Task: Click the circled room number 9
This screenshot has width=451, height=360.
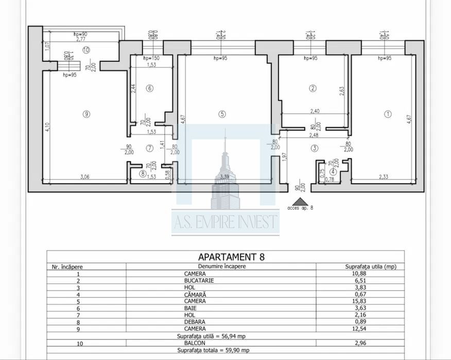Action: coord(86,114)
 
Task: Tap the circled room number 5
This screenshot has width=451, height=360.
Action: coord(222,114)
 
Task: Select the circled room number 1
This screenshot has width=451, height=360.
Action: coord(388,114)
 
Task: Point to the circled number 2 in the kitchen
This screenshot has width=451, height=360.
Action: coord(313,88)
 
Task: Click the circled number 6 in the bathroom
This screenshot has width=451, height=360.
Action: coord(150,88)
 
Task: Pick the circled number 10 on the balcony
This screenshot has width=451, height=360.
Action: coord(85,50)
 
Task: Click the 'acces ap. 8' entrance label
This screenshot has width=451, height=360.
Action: coord(300,208)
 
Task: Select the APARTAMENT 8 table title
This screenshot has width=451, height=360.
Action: coord(225,257)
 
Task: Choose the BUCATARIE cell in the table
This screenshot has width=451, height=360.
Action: coord(195,281)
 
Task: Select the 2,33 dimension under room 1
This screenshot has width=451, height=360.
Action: coord(384,177)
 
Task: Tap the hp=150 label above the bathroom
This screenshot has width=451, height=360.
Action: coord(151,58)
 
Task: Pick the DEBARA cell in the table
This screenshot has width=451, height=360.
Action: coord(195,322)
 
